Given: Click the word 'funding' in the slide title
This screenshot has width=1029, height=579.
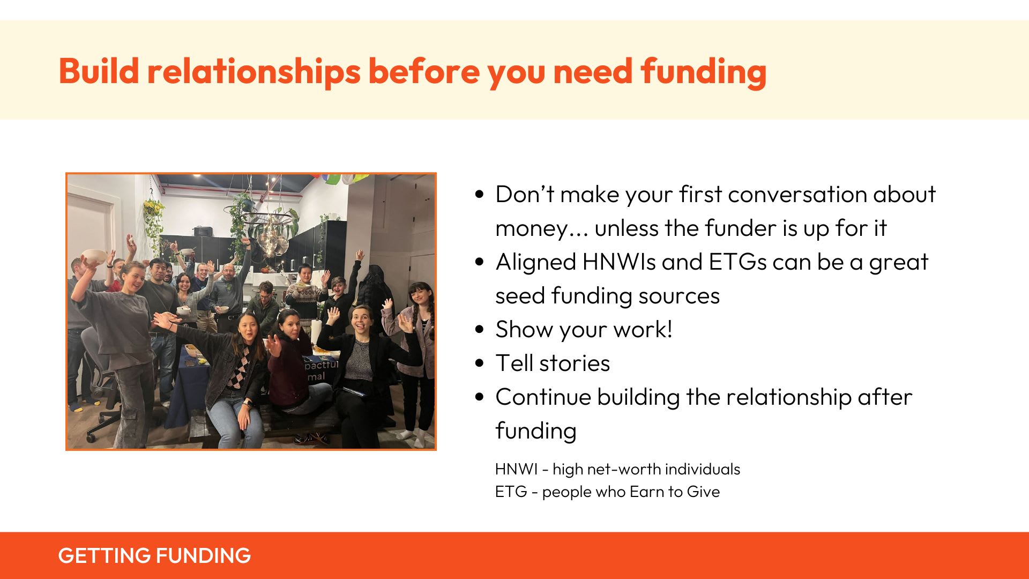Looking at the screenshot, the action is (x=704, y=72).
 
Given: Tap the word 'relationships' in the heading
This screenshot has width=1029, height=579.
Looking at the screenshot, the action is (x=254, y=72).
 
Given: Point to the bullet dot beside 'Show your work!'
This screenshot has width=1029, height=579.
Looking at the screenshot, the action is (x=480, y=329).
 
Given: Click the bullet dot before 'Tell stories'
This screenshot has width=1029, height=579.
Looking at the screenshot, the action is (x=480, y=363).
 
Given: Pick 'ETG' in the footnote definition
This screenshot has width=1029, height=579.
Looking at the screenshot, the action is (x=511, y=492).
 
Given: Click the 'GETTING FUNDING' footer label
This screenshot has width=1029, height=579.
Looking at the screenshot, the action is (x=154, y=555).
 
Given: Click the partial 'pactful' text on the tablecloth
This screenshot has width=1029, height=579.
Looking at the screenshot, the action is (x=321, y=365).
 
